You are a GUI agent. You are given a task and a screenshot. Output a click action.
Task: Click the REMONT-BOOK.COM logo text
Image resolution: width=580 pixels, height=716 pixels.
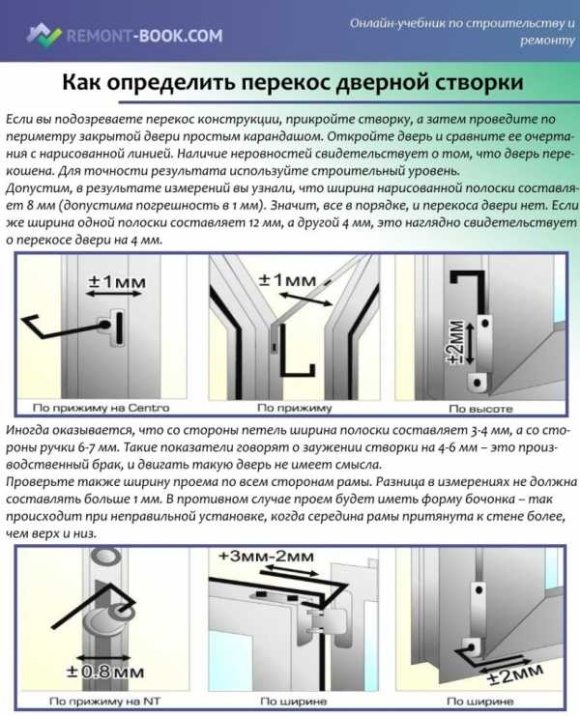click(x=145, y=36)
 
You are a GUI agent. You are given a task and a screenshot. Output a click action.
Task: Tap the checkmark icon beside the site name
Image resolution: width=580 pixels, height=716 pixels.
click(x=43, y=35)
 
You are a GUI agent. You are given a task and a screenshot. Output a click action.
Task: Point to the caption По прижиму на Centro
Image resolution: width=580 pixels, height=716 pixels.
click(x=101, y=408)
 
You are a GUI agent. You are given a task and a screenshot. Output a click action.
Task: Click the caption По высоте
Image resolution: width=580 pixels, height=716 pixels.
click(x=480, y=409)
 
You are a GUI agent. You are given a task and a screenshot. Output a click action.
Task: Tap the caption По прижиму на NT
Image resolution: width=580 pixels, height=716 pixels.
click(x=104, y=701)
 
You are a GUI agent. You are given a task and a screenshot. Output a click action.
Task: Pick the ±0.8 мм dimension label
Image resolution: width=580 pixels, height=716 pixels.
click(x=105, y=672)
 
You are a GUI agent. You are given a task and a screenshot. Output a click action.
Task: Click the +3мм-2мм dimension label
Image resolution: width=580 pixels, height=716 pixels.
click(x=267, y=557)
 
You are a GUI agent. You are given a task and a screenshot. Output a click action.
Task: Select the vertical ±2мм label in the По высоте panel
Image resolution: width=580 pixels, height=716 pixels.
click(x=457, y=342)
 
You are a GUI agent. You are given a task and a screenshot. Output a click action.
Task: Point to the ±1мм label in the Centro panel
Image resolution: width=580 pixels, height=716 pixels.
click(x=116, y=281)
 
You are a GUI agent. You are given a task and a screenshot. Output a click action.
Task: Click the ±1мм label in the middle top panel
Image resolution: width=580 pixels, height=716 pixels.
click(x=288, y=279)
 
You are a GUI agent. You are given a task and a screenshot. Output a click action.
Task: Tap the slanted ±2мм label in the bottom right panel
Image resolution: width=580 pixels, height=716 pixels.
click(x=515, y=674)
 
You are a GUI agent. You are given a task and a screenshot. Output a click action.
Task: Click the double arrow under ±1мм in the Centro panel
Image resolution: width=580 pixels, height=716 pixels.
click(x=114, y=295)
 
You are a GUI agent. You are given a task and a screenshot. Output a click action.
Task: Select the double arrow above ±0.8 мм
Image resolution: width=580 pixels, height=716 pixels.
click(x=104, y=658)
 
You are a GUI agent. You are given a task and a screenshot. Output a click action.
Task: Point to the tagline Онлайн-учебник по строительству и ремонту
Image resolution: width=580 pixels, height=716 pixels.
click(x=462, y=31)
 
